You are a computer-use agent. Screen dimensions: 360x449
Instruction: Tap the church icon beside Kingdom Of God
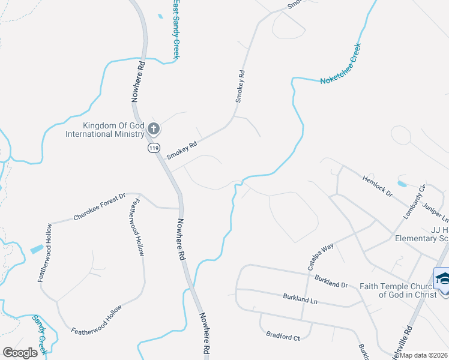[154, 128]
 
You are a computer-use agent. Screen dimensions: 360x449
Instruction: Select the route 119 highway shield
[154, 147]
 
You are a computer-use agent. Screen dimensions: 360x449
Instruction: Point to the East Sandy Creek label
[176, 29]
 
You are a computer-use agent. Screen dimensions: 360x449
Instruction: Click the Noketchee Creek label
[340, 63]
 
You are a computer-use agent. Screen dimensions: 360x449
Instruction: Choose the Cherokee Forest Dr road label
[99, 206]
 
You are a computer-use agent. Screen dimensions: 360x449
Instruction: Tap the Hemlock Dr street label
[377, 186]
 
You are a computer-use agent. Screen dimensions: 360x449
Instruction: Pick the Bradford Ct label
[283, 338]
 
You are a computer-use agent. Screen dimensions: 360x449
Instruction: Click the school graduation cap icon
[443, 279]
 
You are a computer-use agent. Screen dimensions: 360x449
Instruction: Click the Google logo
[20, 352]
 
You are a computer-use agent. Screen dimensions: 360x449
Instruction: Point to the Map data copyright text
[423, 355]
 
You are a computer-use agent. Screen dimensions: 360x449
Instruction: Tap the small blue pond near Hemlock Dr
[402, 183]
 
